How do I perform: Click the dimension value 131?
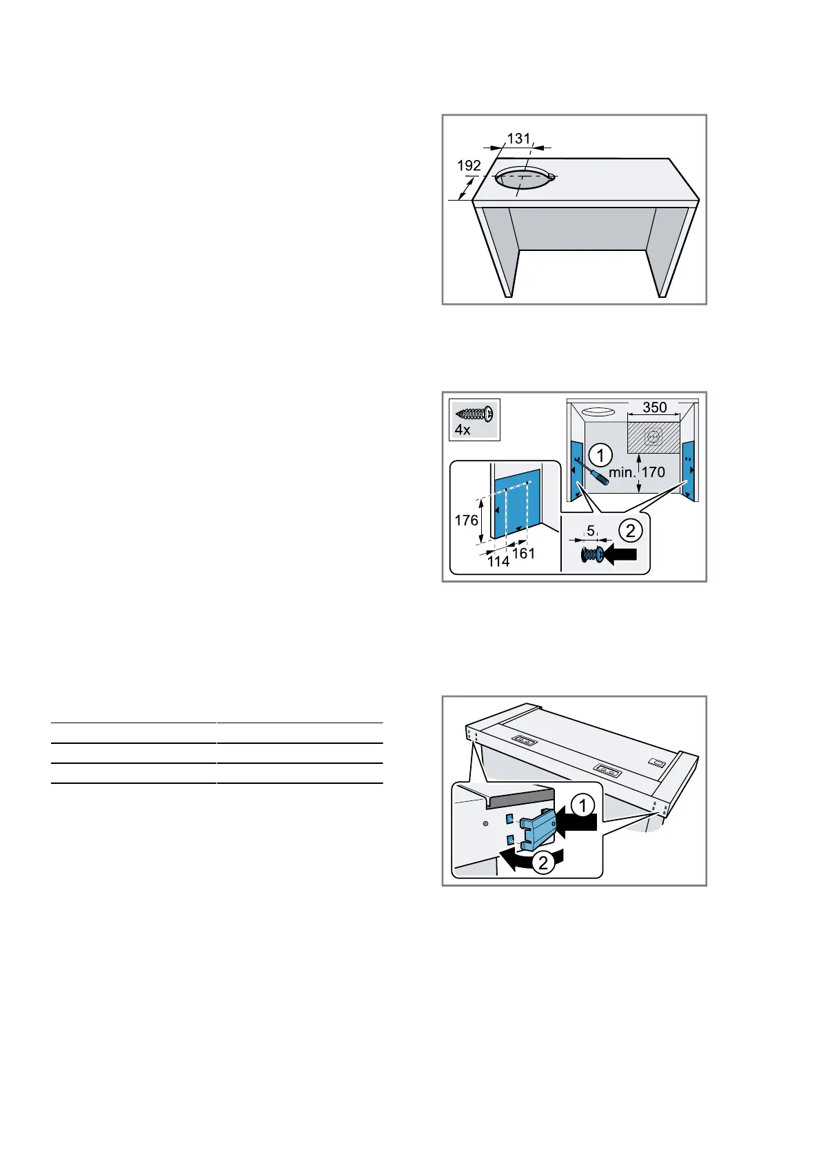click(518, 139)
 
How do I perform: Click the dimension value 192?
click(469, 165)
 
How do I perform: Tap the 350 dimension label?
click(654, 407)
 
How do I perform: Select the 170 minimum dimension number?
click(653, 472)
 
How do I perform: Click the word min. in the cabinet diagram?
click(622, 472)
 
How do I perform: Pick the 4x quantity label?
click(462, 430)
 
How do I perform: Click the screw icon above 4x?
click(474, 414)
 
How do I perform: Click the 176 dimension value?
click(467, 520)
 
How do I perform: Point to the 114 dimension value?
click(498, 562)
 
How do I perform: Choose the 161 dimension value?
click(523, 553)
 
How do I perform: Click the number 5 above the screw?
click(591, 532)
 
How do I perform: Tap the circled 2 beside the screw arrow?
click(630, 531)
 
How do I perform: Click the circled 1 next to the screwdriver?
click(601, 455)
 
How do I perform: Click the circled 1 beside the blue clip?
click(582, 805)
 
